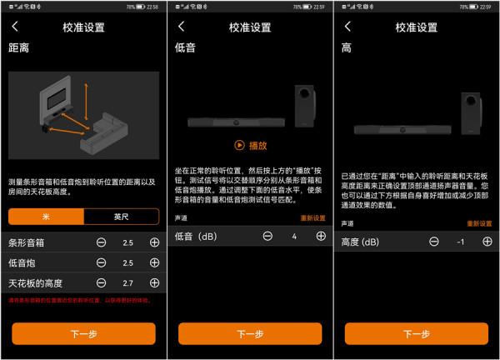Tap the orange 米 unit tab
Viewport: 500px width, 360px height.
coord(46,216)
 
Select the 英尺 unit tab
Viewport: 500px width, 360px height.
coord(121,216)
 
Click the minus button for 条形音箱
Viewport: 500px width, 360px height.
coord(101,242)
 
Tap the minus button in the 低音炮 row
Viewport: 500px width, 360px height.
coord(101,263)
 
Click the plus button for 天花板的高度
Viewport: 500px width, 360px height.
coord(154,284)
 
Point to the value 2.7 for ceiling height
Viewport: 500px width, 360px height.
coord(127,284)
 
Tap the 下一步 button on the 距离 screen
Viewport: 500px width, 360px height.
coord(83,333)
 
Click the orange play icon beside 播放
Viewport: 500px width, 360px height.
coord(239,145)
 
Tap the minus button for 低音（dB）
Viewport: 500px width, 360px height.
coord(267,237)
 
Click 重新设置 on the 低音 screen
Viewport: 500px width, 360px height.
coord(312,217)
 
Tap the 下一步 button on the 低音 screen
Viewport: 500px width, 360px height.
coord(250,333)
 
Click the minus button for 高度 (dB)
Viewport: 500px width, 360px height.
coord(434,242)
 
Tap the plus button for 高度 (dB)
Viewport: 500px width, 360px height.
coord(487,242)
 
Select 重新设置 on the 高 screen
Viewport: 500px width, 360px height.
coord(479,223)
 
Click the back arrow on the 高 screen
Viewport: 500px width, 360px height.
coord(347,27)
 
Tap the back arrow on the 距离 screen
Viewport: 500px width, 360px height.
coord(15,27)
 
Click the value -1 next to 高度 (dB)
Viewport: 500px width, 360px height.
coord(461,242)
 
